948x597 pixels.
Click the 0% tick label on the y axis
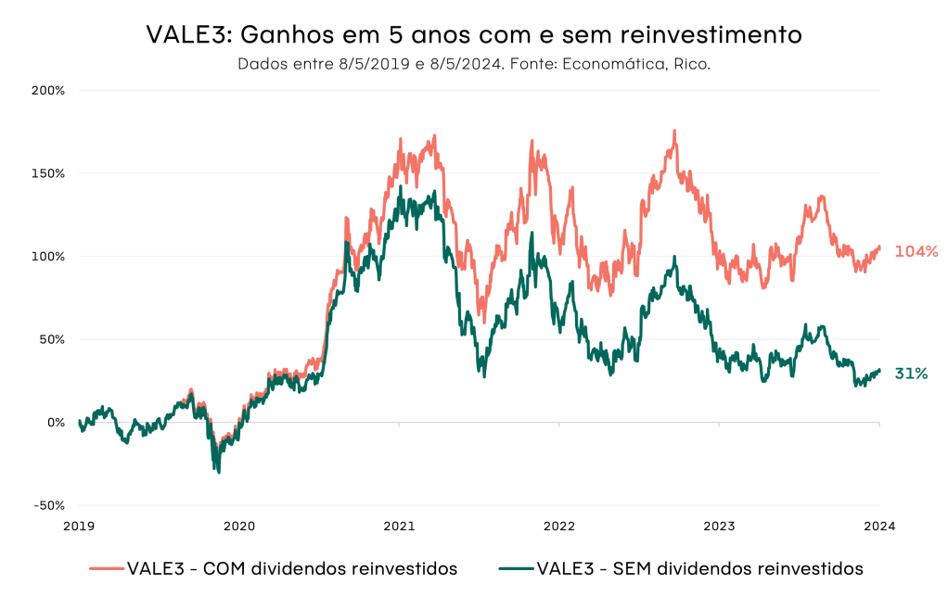coord(55,423)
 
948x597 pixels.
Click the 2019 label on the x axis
coord(80,526)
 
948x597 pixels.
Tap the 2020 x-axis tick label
coord(239,526)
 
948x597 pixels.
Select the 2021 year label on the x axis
coord(399,526)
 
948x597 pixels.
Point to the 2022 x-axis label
coord(559,526)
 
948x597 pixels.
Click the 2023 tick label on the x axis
coord(719,526)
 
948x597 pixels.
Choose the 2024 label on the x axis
coord(879,526)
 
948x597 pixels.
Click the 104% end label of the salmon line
coord(916,251)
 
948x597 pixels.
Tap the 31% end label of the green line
coord(911,374)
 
